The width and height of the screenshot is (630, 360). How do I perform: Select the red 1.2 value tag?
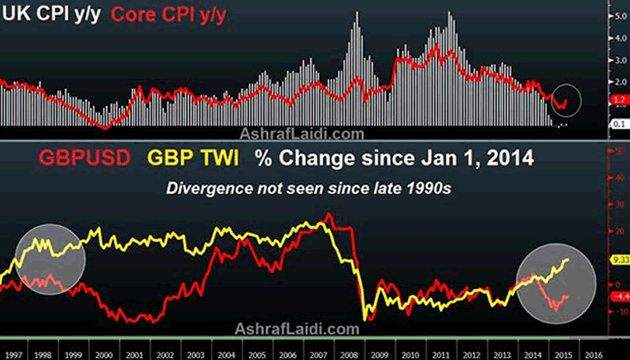point(617,99)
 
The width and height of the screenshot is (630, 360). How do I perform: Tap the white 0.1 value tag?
point(617,124)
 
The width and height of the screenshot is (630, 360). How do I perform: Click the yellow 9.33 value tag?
point(617,258)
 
